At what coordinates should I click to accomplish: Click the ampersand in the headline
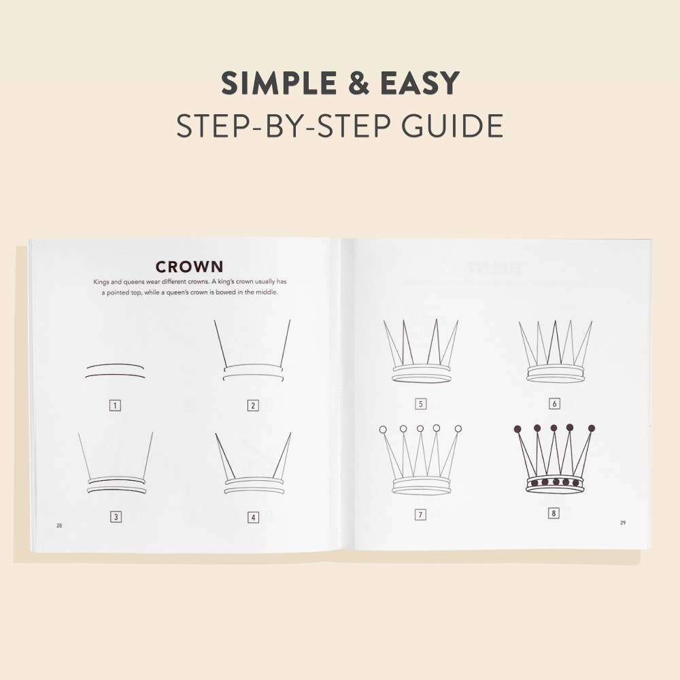coord(367,84)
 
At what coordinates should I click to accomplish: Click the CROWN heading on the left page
coord(189,267)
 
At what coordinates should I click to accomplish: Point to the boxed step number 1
coord(116,406)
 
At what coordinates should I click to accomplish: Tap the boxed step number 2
coord(253,406)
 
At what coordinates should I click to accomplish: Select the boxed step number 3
coord(116,517)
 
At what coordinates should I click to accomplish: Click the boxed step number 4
coord(253,517)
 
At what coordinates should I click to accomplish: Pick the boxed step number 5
coord(420,404)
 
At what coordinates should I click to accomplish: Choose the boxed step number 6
coord(554,404)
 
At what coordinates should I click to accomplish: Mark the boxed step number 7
coord(420,515)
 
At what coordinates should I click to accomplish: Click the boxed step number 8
coord(554,513)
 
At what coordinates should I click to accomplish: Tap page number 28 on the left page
coord(59,526)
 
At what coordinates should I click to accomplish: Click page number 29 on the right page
coord(622,523)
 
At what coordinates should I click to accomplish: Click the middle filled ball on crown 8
coord(554,428)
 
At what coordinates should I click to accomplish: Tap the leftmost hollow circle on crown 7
coord(383,430)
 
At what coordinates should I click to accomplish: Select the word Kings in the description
coord(103,282)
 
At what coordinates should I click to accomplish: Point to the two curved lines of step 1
coord(116,371)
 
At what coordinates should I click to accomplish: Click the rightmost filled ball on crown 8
coord(592,428)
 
